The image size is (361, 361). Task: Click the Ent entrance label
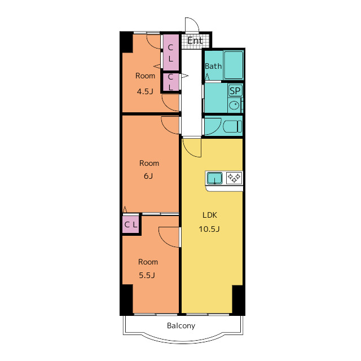tap(195, 41)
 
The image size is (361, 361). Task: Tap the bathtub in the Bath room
tap(233, 65)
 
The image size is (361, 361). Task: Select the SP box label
tap(235, 91)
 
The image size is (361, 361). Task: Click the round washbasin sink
tap(234, 105)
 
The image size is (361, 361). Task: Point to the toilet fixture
tap(232, 126)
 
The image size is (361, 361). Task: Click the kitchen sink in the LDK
tap(214, 178)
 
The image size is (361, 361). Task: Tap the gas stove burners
tap(234, 178)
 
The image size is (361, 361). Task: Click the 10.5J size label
tap(209, 229)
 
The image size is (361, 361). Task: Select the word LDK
tap(209, 215)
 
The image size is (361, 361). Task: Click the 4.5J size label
tap(145, 91)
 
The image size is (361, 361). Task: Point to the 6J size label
tap(148, 176)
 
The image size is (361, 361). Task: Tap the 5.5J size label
tap(147, 275)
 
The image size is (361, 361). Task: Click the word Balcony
tap(181, 326)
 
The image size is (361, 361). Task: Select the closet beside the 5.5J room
tap(131, 224)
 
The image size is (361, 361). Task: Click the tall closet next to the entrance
tap(170, 52)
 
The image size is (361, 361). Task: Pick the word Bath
tap(213, 67)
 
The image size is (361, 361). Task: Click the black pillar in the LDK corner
tap(237, 300)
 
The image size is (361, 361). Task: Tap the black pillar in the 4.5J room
tap(126, 42)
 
